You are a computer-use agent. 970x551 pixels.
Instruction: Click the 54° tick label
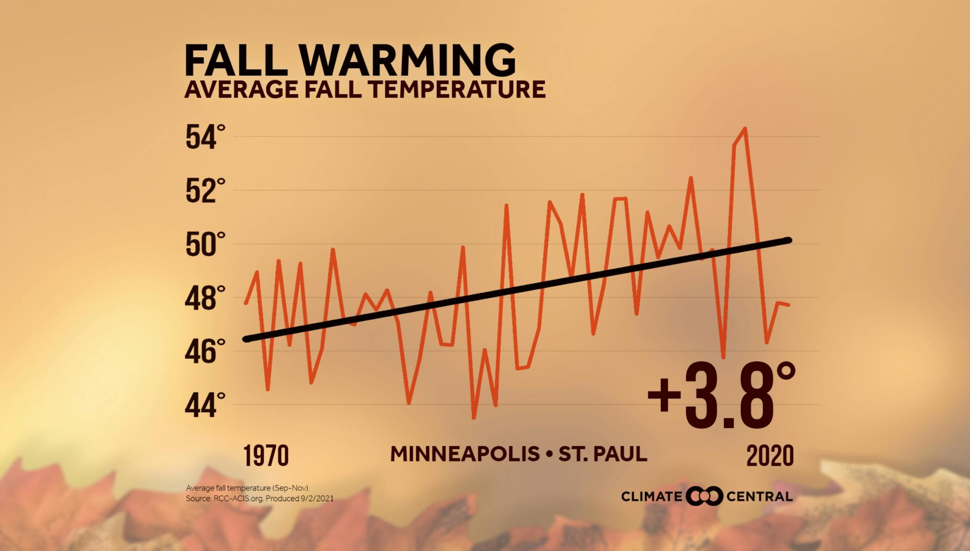pyautogui.click(x=205, y=137)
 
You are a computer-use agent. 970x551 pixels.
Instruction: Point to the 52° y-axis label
pyautogui.click(x=205, y=191)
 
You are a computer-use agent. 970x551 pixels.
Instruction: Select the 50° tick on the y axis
pyautogui.click(x=205, y=245)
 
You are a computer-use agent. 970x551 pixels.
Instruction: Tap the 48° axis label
pyautogui.click(x=205, y=298)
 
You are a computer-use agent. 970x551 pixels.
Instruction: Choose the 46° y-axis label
pyautogui.click(x=205, y=352)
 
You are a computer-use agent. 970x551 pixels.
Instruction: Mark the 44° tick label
pyautogui.click(x=205, y=406)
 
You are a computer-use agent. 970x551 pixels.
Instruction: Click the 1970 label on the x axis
pyautogui.click(x=266, y=456)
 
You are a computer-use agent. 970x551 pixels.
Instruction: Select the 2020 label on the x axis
pyautogui.click(x=770, y=456)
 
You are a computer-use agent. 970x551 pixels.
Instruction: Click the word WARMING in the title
pyautogui.click(x=407, y=61)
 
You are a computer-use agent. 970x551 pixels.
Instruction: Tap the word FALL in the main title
pyautogui.click(x=236, y=61)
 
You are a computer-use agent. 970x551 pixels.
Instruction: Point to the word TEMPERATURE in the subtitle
pyautogui.click(x=457, y=89)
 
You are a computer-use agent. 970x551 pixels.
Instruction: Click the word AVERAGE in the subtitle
pyautogui.click(x=241, y=89)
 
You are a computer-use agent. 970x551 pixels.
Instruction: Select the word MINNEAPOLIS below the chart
pyautogui.click(x=465, y=454)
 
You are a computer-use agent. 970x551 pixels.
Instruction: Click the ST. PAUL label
pyautogui.click(x=602, y=454)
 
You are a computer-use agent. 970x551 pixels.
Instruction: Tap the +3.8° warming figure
pyautogui.click(x=721, y=395)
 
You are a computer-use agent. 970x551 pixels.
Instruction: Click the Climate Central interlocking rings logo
pyautogui.click(x=704, y=496)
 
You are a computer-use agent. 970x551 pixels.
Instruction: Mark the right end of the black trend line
pyautogui.click(x=789, y=241)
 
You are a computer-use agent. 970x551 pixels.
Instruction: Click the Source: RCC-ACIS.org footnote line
pyautogui.click(x=260, y=499)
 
